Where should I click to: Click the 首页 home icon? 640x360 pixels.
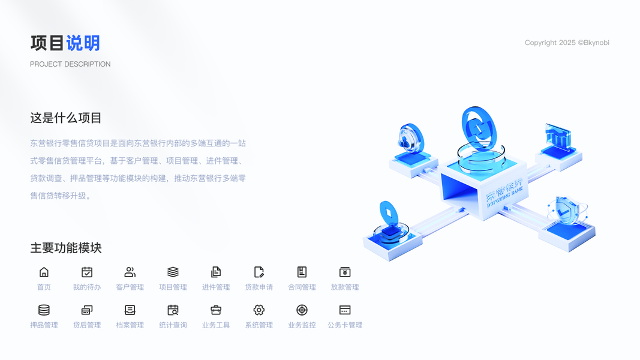(x=44, y=272)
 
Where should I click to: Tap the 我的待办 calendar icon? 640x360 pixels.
(x=87, y=272)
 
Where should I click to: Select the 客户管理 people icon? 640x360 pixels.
(x=130, y=272)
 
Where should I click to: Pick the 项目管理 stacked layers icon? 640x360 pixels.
(x=173, y=272)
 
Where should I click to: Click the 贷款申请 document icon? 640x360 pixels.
(x=259, y=272)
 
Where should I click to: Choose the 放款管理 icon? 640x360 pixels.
(x=345, y=272)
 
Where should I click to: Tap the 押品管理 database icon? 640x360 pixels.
(x=44, y=310)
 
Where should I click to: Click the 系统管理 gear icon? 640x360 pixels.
(x=259, y=310)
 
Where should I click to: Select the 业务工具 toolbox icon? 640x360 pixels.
(x=216, y=310)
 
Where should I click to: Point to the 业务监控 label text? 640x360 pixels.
(x=302, y=325)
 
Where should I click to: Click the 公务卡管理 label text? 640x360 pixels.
(x=345, y=325)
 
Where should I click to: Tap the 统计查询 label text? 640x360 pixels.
(x=173, y=325)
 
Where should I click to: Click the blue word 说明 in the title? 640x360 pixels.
(x=83, y=43)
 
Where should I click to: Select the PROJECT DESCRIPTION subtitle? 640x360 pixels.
(x=70, y=64)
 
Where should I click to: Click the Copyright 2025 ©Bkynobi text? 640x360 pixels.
(x=567, y=43)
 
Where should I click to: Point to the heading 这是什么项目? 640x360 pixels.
(x=66, y=118)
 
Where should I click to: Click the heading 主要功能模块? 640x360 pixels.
(x=66, y=248)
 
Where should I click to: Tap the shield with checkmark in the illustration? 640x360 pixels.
(x=563, y=210)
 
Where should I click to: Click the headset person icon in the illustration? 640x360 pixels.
(x=408, y=140)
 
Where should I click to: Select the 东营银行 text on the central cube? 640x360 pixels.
(x=504, y=190)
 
